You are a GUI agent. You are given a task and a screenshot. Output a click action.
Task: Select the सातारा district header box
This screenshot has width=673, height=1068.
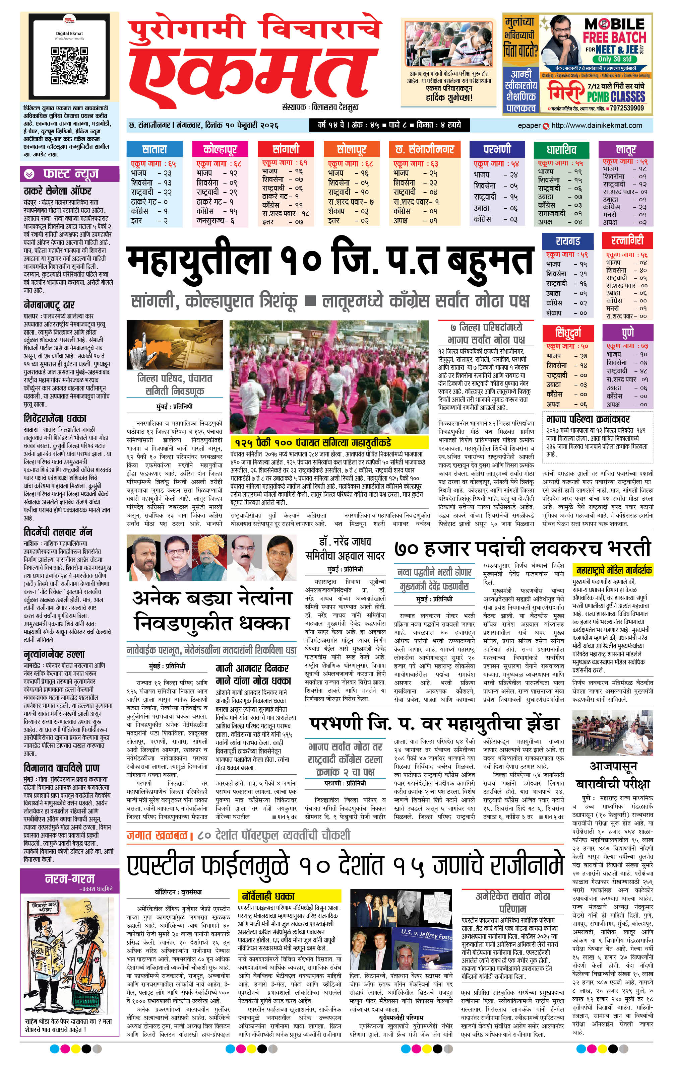click(x=154, y=149)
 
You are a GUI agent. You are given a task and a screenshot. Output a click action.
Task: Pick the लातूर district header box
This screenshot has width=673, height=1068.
click(x=625, y=149)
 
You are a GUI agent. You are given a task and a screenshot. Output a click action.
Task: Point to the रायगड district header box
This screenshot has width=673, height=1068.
click(x=567, y=241)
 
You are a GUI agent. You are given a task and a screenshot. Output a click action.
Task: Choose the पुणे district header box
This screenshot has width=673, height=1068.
click(x=628, y=332)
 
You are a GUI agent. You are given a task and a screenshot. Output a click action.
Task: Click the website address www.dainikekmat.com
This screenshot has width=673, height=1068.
click(x=596, y=126)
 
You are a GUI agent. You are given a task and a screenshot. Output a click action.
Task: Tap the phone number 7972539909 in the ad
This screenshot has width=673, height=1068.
click(x=626, y=108)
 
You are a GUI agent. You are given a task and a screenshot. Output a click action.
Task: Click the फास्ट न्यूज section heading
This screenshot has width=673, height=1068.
click(x=70, y=174)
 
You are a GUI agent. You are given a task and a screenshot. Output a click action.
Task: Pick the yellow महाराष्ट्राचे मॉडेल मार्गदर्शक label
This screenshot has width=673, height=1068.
click(x=613, y=570)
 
